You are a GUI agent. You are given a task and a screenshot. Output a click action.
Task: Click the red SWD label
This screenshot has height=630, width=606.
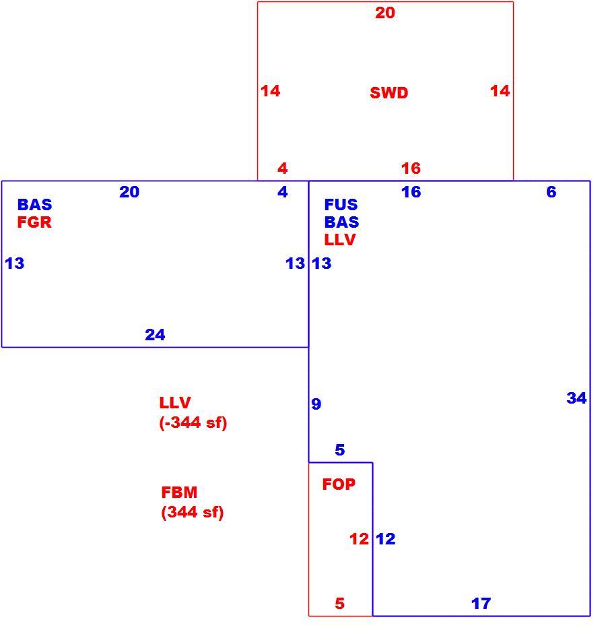click(x=389, y=93)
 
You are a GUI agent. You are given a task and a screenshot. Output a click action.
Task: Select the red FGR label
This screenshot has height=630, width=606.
click(x=34, y=222)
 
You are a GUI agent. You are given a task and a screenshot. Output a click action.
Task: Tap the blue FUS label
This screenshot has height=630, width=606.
click(x=341, y=205)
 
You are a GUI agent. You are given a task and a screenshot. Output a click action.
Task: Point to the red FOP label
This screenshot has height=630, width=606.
click(x=339, y=484)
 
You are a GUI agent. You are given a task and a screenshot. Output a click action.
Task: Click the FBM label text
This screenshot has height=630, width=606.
click(x=179, y=492)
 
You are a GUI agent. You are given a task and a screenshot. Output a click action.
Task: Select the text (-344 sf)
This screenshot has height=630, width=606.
click(x=193, y=422)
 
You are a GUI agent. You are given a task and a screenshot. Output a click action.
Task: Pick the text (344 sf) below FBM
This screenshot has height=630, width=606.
click(x=193, y=512)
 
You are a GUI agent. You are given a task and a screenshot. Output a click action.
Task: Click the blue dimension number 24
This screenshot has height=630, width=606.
click(x=155, y=335)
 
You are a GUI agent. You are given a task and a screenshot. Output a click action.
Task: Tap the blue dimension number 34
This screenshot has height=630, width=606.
click(x=576, y=398)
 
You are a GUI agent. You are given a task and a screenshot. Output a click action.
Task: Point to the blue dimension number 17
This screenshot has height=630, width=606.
click(x=481, y=604)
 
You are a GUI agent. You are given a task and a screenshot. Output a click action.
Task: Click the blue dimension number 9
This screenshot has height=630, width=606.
click(x=316, y=404)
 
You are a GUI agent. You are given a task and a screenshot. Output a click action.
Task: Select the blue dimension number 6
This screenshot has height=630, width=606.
click(x=551, y=191)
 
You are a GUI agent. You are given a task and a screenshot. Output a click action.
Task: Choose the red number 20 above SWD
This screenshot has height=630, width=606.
click(x=385, y=13)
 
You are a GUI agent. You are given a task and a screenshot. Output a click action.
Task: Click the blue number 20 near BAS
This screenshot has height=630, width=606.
click(x=129, y=192)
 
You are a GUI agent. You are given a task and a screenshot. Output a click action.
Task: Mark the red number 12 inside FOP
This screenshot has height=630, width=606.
click(x=359, y=539)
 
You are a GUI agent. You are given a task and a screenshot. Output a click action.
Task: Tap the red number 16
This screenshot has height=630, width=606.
click(x=411, y=168)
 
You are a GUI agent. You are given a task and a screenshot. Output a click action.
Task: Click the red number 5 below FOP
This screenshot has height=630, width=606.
click(x=340, y=604)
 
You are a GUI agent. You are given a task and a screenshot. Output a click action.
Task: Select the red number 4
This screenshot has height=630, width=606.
click(x=283, y=168)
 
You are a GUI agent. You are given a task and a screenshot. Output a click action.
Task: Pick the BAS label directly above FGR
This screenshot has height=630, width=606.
click(x=34, y=205)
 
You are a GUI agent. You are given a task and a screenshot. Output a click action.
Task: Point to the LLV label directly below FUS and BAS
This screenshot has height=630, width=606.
click(x=340, y=240)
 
